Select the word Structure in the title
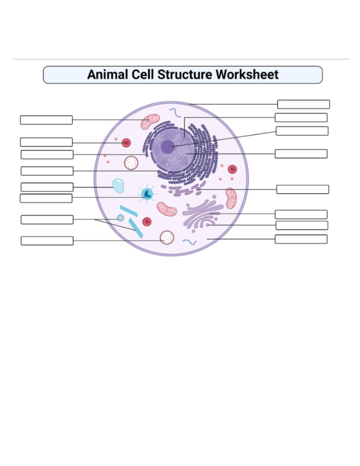(185, 75)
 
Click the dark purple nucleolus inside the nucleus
(167, 147)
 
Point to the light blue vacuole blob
(118, 185)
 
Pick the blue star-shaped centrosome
(147, 194)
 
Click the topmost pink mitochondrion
(150, 121)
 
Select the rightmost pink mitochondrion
(231, 198)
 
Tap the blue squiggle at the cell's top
(175, 113)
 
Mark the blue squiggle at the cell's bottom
(190, 242)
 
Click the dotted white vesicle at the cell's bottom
(167, 237)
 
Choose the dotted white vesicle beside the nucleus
(131, 163)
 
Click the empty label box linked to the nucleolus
(302, 131)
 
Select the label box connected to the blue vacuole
(47, 187)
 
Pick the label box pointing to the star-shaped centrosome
(46, 198)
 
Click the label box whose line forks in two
(47, 220)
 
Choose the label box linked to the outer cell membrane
(303, 104)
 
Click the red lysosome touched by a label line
(126, 143)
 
